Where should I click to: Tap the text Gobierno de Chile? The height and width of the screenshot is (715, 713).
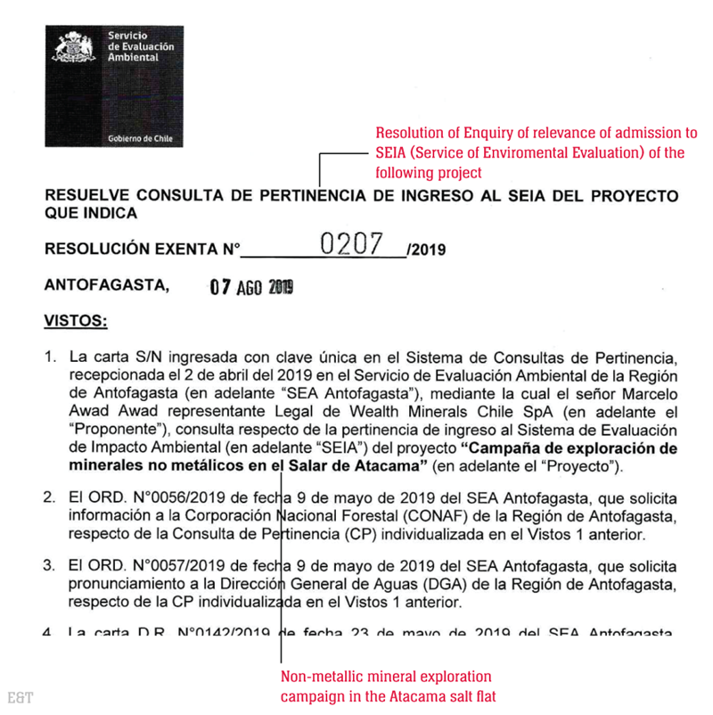pos(140,140)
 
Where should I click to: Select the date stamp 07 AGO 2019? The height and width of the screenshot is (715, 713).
pos(250,287)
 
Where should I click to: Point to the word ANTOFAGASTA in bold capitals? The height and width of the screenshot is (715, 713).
pos(105,286)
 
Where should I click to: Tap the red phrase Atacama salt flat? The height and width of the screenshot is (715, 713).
pos(441,695)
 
